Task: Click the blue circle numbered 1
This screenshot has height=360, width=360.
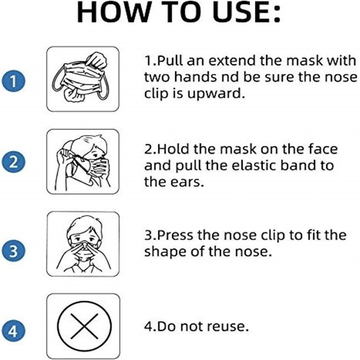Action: [13, 81]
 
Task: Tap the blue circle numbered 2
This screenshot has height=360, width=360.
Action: [13, 162]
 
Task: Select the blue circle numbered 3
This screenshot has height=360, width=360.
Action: [13, 250]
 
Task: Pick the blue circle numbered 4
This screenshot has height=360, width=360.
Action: [13, 331]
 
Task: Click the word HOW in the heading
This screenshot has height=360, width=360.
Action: [114, 12]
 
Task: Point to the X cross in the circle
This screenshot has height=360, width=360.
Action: [84, 326]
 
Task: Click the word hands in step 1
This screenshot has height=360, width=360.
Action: [195, 77]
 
